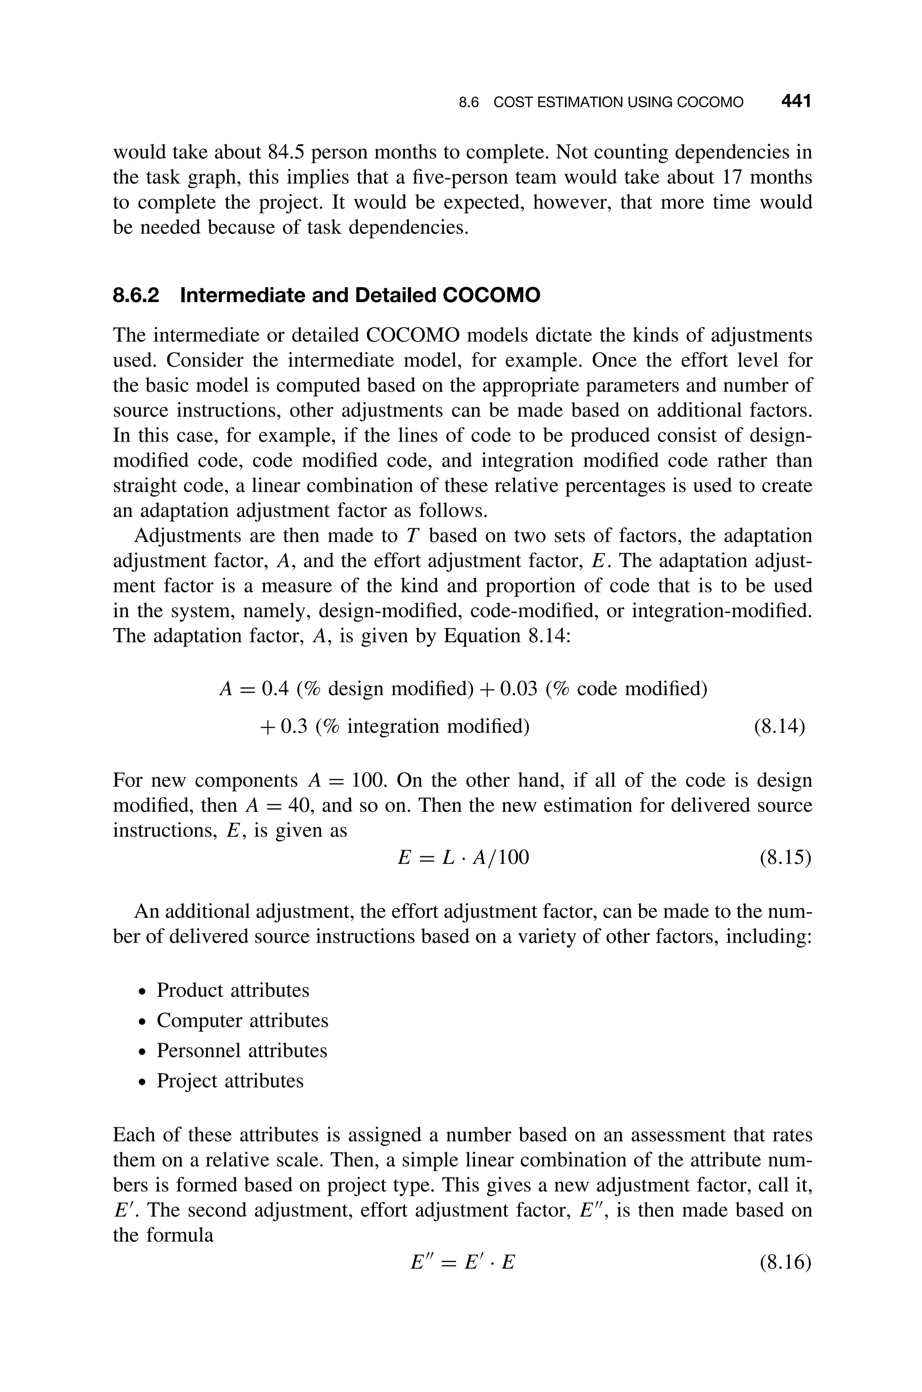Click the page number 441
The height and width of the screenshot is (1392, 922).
(795, 101)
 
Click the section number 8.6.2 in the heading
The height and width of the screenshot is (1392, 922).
(136, 295)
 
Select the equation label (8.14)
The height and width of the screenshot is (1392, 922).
(779, 727)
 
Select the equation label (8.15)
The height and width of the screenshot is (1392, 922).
(785, 858)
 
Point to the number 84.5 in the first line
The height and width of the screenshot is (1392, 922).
(286, 152)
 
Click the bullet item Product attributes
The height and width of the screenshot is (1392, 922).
(232, 990)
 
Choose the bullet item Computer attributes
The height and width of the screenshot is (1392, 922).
(242, 1021)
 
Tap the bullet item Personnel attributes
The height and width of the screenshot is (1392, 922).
(242, 1050)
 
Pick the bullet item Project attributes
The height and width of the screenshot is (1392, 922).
(230, 1080)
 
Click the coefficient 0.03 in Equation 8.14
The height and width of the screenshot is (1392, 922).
(518, 688)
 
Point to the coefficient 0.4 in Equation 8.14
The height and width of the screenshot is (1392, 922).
(275, 688)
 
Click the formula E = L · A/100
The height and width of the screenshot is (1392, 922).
(463, 858)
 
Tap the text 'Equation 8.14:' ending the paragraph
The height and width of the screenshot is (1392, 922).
(506, 636)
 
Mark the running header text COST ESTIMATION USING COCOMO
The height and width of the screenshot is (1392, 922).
(618, 102)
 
